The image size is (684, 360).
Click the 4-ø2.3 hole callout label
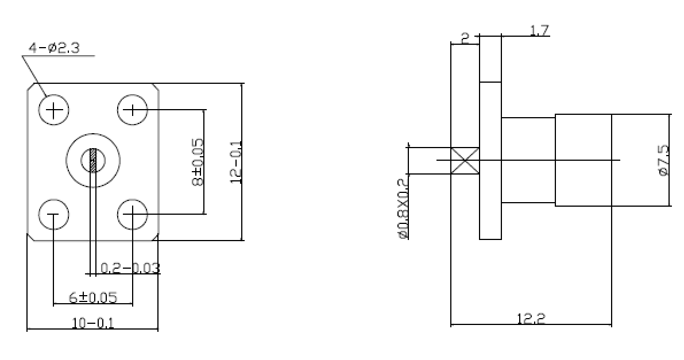tap(54, 48)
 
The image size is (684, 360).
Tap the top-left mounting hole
tap(53, 110)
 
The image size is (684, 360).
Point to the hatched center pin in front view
tap(94, 161)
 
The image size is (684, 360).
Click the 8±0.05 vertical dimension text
tap(198, 162)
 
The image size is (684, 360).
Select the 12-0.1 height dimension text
tap(236, 162)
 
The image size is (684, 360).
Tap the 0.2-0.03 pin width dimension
tap(130, 268)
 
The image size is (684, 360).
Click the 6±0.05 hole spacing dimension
tap(94, 297)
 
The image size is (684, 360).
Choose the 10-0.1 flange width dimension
tap(94, 323)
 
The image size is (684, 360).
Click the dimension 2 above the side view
tap(465, 39)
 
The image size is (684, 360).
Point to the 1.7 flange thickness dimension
tap(540, 30)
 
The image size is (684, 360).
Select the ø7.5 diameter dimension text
tap(663, 161)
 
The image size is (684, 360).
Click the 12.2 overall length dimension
tap(531, 319)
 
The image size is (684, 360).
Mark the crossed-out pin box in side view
tap(465, 161)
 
